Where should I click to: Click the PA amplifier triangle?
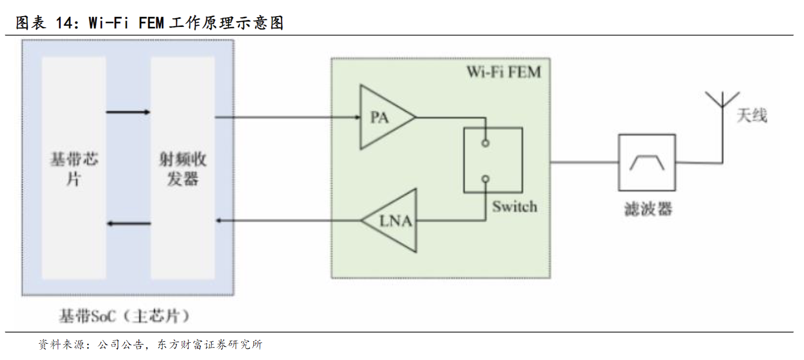click(384, 117)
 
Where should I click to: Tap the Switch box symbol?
click(493, 160)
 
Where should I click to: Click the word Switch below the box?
click(515, 206)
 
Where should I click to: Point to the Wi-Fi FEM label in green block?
click(503, 72)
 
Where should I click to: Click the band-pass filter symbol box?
click(647, 162)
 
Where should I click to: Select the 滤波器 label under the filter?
click(648, 209)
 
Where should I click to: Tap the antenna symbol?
click(722, 108)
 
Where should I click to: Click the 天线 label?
click(752, 115)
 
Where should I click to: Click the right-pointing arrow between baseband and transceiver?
click(128, 112)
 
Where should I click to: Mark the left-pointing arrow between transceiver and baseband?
click(128, 223)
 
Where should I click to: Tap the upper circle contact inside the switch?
click(486, 143)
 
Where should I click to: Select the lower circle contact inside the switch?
click(486, 178)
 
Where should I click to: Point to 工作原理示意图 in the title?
click(226, 23)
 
